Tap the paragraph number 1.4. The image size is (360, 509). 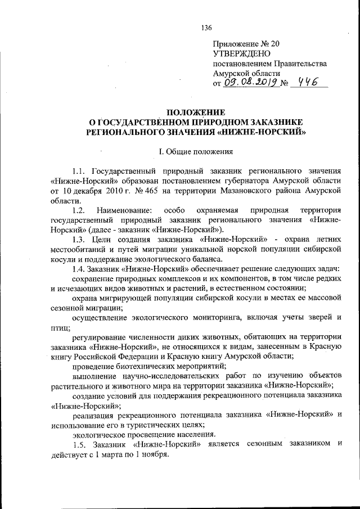point(79,269)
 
